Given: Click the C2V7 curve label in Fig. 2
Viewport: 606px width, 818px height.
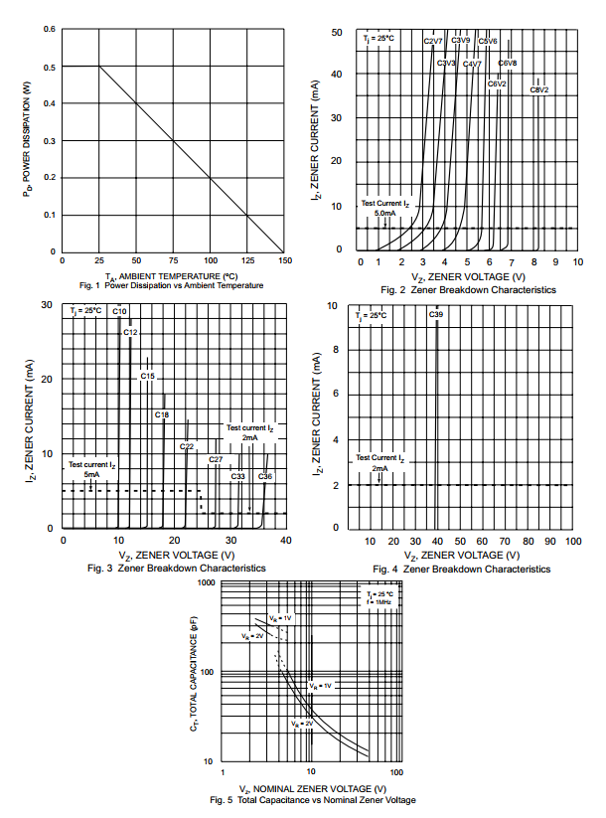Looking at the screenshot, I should (433, 41).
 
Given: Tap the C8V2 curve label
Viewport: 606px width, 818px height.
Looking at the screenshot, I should (539, 89).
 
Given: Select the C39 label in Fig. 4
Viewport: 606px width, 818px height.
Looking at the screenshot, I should (436, 314).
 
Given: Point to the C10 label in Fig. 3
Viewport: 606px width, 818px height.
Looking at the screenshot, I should (119, 311).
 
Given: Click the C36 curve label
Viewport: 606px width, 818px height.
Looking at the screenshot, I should (265, 476).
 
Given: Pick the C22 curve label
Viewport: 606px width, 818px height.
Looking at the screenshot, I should (187, 446).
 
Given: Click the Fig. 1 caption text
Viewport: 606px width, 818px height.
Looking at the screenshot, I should (171, 285).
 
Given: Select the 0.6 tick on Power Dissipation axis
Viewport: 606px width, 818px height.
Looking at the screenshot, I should (49, 29).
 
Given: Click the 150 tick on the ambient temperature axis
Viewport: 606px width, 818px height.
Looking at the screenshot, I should (285, 260).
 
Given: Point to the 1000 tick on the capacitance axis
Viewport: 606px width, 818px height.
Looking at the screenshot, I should (207, 582).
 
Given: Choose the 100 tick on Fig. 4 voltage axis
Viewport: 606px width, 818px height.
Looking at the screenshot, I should (572, 540).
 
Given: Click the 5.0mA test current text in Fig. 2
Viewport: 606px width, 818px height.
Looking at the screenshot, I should (384, 214).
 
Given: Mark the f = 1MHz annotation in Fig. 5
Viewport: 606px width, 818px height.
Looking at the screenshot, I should (379, 602).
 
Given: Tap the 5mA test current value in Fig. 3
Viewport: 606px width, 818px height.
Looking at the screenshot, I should (91, 475).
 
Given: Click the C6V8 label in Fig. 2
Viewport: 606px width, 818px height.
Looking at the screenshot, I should (508, 63).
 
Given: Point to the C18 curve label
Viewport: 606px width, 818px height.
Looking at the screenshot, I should (162, 414).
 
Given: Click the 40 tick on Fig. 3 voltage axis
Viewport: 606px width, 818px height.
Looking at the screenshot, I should (285, 540).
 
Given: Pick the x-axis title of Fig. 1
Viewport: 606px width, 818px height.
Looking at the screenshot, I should (171, 275).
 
